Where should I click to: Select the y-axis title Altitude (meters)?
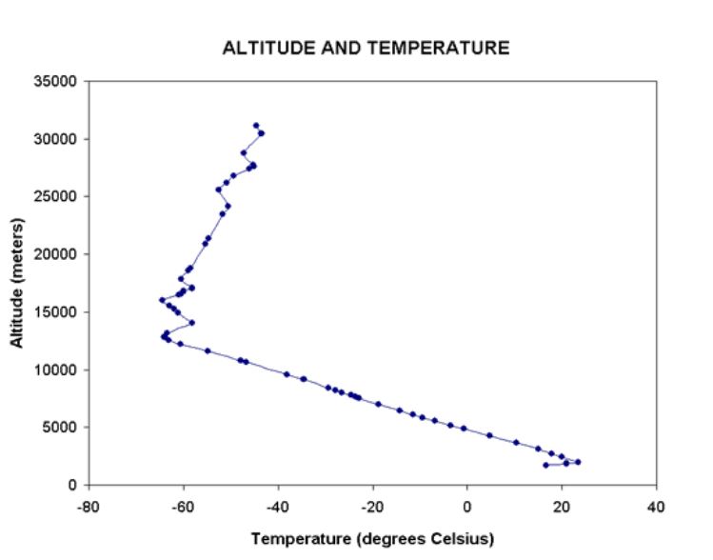coord(18,283)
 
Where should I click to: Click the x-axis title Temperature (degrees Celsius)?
coord(372,539)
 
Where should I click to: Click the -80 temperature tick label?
coord(89,505)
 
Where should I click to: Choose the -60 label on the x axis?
coord(183,505)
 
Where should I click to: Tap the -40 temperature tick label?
coord(278,505)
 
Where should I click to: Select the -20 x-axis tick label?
coord(372,505)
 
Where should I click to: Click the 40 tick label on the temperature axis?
coord(656,505)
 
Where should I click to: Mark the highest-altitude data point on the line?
coord(256,126)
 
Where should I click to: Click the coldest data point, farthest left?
coord(162,300)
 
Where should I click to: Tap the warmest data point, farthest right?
coord(578,462)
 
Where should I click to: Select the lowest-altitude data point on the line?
coord(545,465)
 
